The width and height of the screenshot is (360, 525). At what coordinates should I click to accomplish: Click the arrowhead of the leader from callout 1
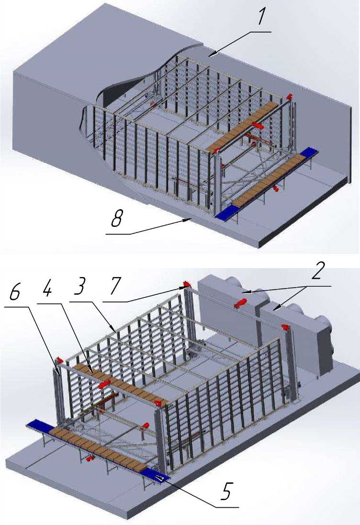tap(211, 56)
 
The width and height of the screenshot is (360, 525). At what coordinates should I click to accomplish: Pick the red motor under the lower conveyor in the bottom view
tap(89, 458)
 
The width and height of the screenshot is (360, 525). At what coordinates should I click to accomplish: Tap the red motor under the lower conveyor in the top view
tap(276, 190)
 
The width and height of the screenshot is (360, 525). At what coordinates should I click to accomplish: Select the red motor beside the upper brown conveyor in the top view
tap(257, 125)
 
